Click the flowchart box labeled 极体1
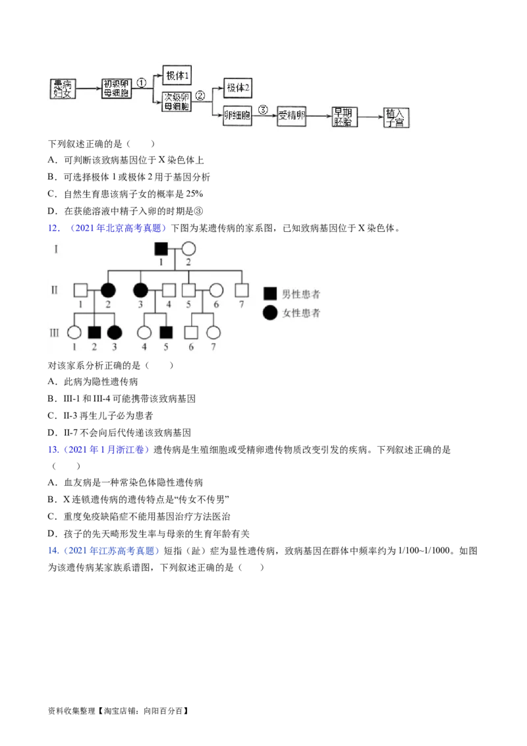pyautogui.click(x=177, y=75)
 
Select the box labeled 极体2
pyautogui.click(x=238, y=88)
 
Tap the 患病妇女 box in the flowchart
pyautogui.click(x=63, y=89)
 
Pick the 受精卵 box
pyautogui.click(x=291, y=115)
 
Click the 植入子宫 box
pyautogui.click(x=396, y=117)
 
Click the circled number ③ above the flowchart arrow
pyautogui.click(x=263, y=110)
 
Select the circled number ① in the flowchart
pyautogui.click(x=141, y=83)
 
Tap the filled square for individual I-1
pyautogui.click(x=161, y=248)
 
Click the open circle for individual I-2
pyautogui.click(x=189, y=248)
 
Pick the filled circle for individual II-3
pyautogui.click(x=140, y=290)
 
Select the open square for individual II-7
pyautogui.click(x=242, y=290)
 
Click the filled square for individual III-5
pyautogui.click(x=165, y=333)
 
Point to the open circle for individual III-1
pyautogui.click(x=74, y=333)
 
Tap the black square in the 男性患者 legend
pyautogui.click(x=270, y=294)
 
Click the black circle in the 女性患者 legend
pyautogui.click(x=270, y=312)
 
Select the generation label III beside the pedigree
pyautogui.click(x=54, y=333)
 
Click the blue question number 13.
pyautogui.click(x=53, y=449)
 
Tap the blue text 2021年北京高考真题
pyautogui.click(x=119, y=228)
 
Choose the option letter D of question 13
pyautogui.click(x=52, y=534)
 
